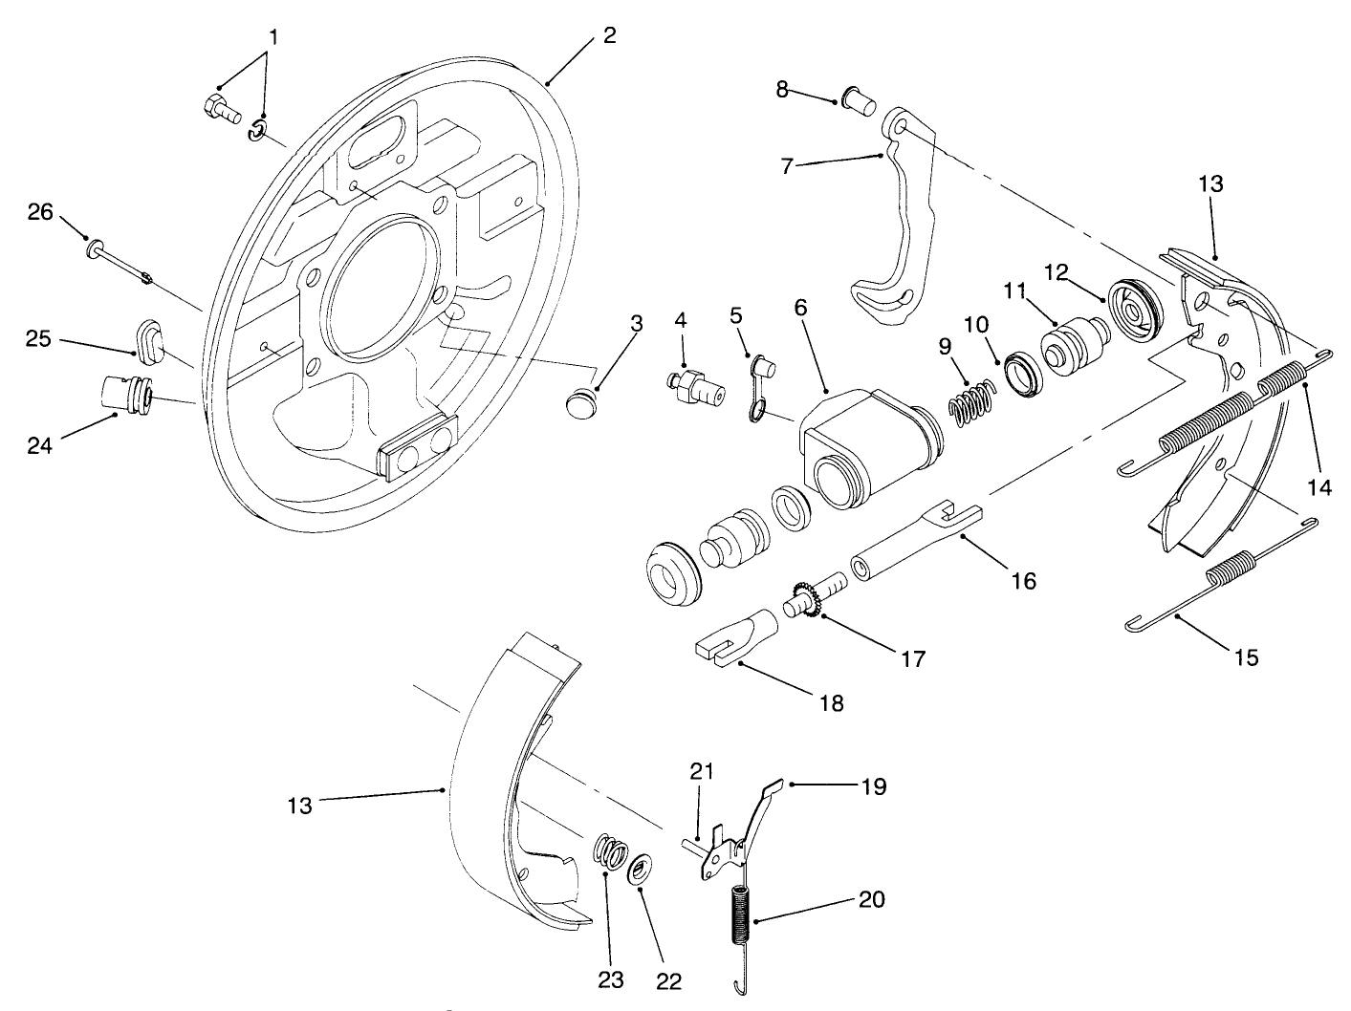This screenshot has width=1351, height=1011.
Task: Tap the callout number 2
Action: coord(609,35)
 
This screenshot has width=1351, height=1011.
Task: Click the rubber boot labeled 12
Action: coord(1135,310)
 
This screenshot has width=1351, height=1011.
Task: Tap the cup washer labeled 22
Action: coord(640,871)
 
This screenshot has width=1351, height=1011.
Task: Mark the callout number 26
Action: coord(40,212)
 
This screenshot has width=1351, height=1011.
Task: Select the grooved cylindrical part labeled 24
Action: coord(124,395)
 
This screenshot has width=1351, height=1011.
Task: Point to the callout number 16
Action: coord(1023,580)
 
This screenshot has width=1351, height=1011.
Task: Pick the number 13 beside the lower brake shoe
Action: coord(299,807)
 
